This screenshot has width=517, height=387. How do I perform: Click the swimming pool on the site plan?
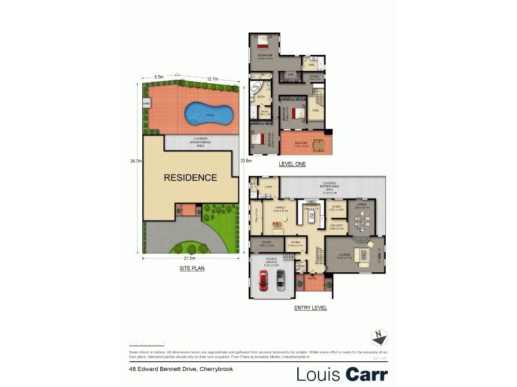pyautogui.click(x=209, y=115)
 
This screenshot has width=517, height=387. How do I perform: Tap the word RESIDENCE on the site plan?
pyautogui.click(x=189, y=177)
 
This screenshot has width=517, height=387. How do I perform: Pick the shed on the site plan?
pyautogui.click(x=147, y=103)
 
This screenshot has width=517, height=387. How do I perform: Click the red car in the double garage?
pyautogui.click(x=264, y=279)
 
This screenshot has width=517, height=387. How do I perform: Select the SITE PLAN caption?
pyautogui.click(x=192, y=268)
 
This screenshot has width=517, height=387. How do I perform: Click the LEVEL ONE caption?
pyautogui.click(x=292, y=164)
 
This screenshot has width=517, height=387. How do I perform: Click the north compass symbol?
pyautogui.click(x=379, y=337)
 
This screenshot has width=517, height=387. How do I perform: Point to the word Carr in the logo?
pyautogui.click(x=366, y=374)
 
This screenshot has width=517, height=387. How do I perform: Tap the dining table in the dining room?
pyautogui.click(x=361, y=223)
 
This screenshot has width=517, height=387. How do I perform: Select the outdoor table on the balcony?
pyautogui.click(x=319, y=144)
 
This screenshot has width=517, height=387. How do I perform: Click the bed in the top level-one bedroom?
pyautogui.click(x=264, y=43)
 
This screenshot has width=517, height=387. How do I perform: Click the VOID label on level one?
pyautogui.click(x=315, y=110)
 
